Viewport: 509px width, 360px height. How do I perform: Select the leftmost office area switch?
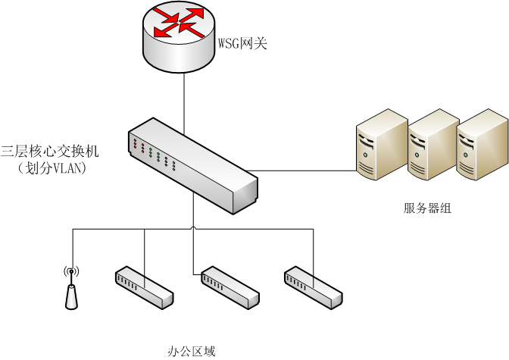pos(143,286)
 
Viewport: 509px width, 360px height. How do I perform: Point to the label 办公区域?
pos(191,351)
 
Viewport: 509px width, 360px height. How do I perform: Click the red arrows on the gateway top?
pos(180,22)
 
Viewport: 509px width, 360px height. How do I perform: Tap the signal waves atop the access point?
pos(71,271)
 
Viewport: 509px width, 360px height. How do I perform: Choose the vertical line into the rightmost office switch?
pos(311,246)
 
